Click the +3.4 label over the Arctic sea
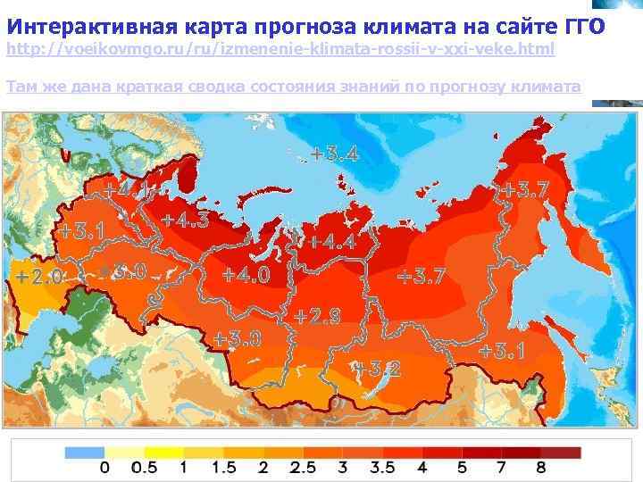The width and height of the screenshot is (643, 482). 335,154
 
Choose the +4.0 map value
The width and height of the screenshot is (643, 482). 246,275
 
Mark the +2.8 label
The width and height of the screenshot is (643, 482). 317,316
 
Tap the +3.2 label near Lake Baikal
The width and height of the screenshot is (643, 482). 376,367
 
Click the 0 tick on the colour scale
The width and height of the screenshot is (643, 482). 104,468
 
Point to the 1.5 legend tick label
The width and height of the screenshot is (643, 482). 223,468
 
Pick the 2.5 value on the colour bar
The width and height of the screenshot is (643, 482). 304,468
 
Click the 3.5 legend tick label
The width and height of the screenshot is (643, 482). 382,468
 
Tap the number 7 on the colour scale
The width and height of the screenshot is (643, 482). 503,468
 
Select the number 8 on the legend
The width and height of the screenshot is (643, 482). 542,468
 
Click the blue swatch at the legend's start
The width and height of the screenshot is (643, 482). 84,453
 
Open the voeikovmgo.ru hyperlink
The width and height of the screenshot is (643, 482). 280,50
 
